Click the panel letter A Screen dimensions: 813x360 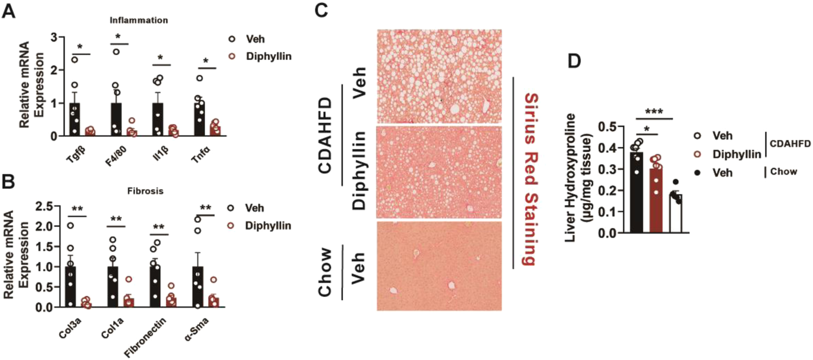pyautogui.click(x=9, y=10)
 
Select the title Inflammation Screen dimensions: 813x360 pyautogui.click(x=139, y=20)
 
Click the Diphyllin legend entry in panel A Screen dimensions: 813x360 pyautogui.click(x=268, y=56)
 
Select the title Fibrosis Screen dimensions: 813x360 pyautogui.click(x=145, y=190)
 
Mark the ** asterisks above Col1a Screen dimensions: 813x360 pyautogui.click(x=116, y=219)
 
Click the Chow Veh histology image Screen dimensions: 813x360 pyautogui.click(x=439, y=266)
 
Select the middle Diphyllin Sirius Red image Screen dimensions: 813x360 pyautogui.click(x=439, y=172)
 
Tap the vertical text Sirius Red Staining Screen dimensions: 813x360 pyautogui.click(x=530, y=179)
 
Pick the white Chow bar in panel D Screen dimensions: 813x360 pyautogui.click(x=675, y=214)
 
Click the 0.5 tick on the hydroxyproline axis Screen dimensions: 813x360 pyautogui.click(x=609, y=127)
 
